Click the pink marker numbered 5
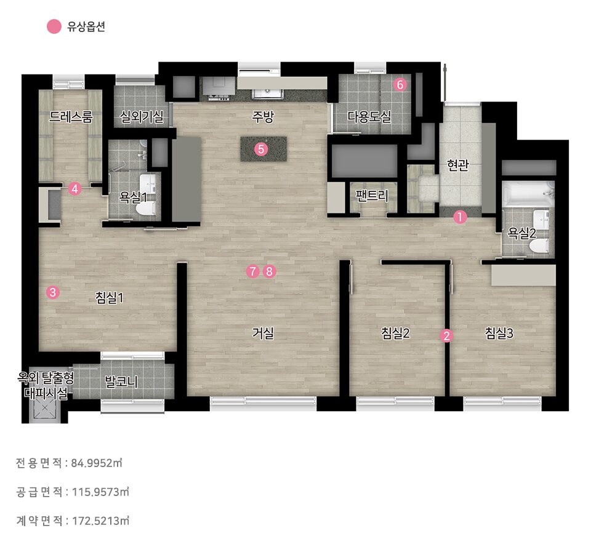tap(261, 149)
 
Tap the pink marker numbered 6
tap(400, 84)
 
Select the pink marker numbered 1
tap(459, 217)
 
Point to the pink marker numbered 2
tap(446, 335)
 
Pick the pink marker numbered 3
tap(53, 292)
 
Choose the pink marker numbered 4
tap(74, 189)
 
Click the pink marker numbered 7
tap(252, 271)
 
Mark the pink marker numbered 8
tap(269, 271)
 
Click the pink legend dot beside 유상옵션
tap(54, 26)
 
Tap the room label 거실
tap(263, 333)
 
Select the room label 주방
tap(263, 117)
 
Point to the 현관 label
tap(457, 164)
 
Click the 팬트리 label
tap(372, 195)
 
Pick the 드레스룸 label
tap(70, 117)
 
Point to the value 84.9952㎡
tap(97, 463)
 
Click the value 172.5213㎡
tap(100, 521)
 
